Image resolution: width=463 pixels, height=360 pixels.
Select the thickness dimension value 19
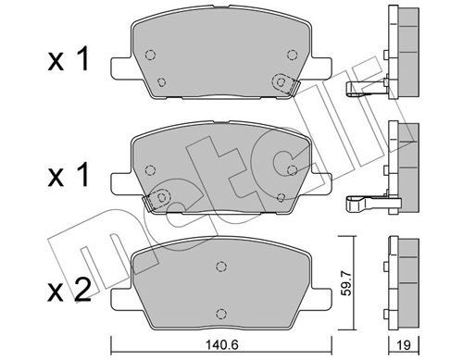click(401, 346)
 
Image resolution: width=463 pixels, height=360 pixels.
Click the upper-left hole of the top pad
click(153, 52)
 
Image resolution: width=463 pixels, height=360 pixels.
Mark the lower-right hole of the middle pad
click(281, 196)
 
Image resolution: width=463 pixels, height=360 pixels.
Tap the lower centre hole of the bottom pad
click(220, 312)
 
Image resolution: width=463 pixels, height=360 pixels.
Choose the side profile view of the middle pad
click(401, 157)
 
